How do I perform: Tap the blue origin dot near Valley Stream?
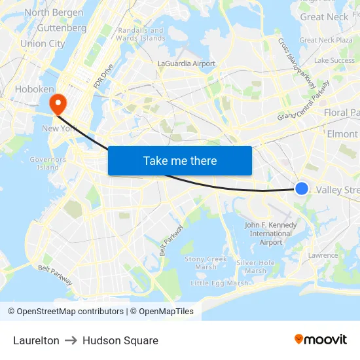click(x=302, y=189)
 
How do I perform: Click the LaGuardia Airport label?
click(x=187, y=63)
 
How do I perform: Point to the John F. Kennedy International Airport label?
click(x=271, y=234)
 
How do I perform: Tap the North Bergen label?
click(x=54, y=12)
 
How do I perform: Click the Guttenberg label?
click(x=62, y=28)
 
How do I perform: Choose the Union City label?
click(x=43, y=44)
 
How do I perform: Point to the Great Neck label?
click(x=325, y=17)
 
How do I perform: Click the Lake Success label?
click(x=334, y=60)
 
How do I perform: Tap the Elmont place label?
click(x=343, y=134)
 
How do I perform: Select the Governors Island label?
click(x=48, y=163)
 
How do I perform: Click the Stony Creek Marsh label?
click(x=206, y=262)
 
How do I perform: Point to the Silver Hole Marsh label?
click(x=256, y=266)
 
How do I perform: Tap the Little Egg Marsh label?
click(x=219, y=283)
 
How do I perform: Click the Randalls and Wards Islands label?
click(x=141, y=34)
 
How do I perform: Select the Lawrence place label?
click(x=323, y=255)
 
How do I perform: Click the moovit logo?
click(x=321, y=339)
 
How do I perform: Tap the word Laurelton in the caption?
click(x=36, y=340)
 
